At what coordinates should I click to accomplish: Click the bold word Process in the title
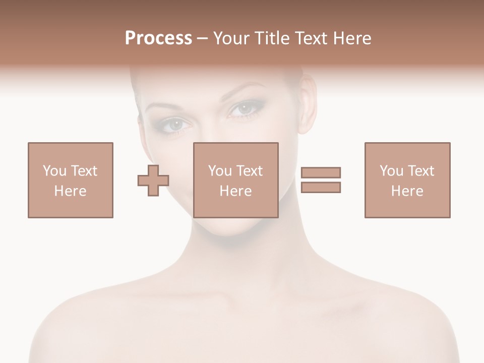[x=158, y=38]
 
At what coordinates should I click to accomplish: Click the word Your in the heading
[x=229, y=38]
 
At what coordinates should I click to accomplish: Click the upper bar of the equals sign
[x=321, y=172]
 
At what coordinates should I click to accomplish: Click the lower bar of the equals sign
[x=321, y=187]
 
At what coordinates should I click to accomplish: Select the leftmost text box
[x=70, y=180]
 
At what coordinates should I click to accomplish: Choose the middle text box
[x=236, y=180]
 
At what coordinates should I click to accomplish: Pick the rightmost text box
[x=407, y=180]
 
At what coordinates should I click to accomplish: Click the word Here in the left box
[x=70, y=191]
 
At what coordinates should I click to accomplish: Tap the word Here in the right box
[x=407, y=191]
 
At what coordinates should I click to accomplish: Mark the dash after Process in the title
[x=202, y=39]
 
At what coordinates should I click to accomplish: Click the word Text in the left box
[x=83, y=171]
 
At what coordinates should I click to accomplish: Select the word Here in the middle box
[x=236, y=191]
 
